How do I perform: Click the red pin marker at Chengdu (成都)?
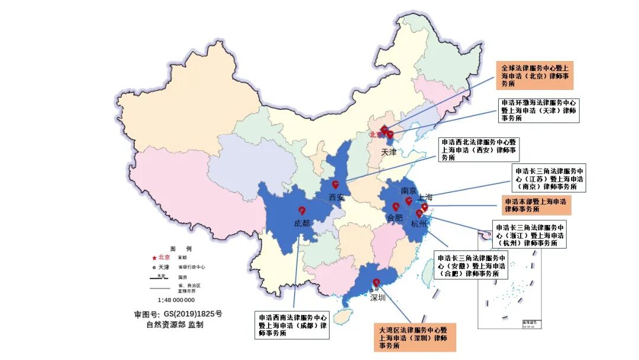[302, 211]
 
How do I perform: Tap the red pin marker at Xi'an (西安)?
[335, 184]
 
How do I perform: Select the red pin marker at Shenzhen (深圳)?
[376, 283]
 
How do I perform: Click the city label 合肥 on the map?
[394, 218]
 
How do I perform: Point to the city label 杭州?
[418, 223]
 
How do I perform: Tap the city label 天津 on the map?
[388, 152]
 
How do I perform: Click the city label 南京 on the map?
[409, 191]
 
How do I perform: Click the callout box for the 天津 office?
[538, 110]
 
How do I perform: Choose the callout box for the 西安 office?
[479, 150]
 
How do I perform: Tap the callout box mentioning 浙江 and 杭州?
[530, 234]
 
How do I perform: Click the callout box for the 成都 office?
[292, 325]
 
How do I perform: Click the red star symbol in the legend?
[154, 258]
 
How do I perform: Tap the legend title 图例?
[180, 249]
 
